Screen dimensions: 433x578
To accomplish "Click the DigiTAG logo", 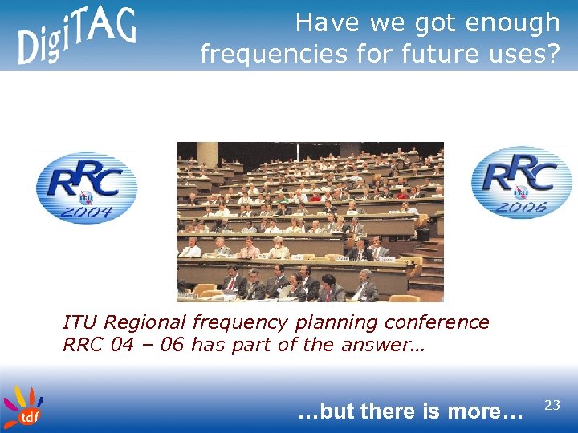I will [77, 35].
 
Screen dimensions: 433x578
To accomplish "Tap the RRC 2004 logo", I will [87, 188].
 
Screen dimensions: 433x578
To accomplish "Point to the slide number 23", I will [552, 406].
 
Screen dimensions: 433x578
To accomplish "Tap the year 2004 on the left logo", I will [89, 212].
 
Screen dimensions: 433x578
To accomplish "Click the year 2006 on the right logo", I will [523, 206].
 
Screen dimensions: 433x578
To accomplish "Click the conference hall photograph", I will [310, 221].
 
